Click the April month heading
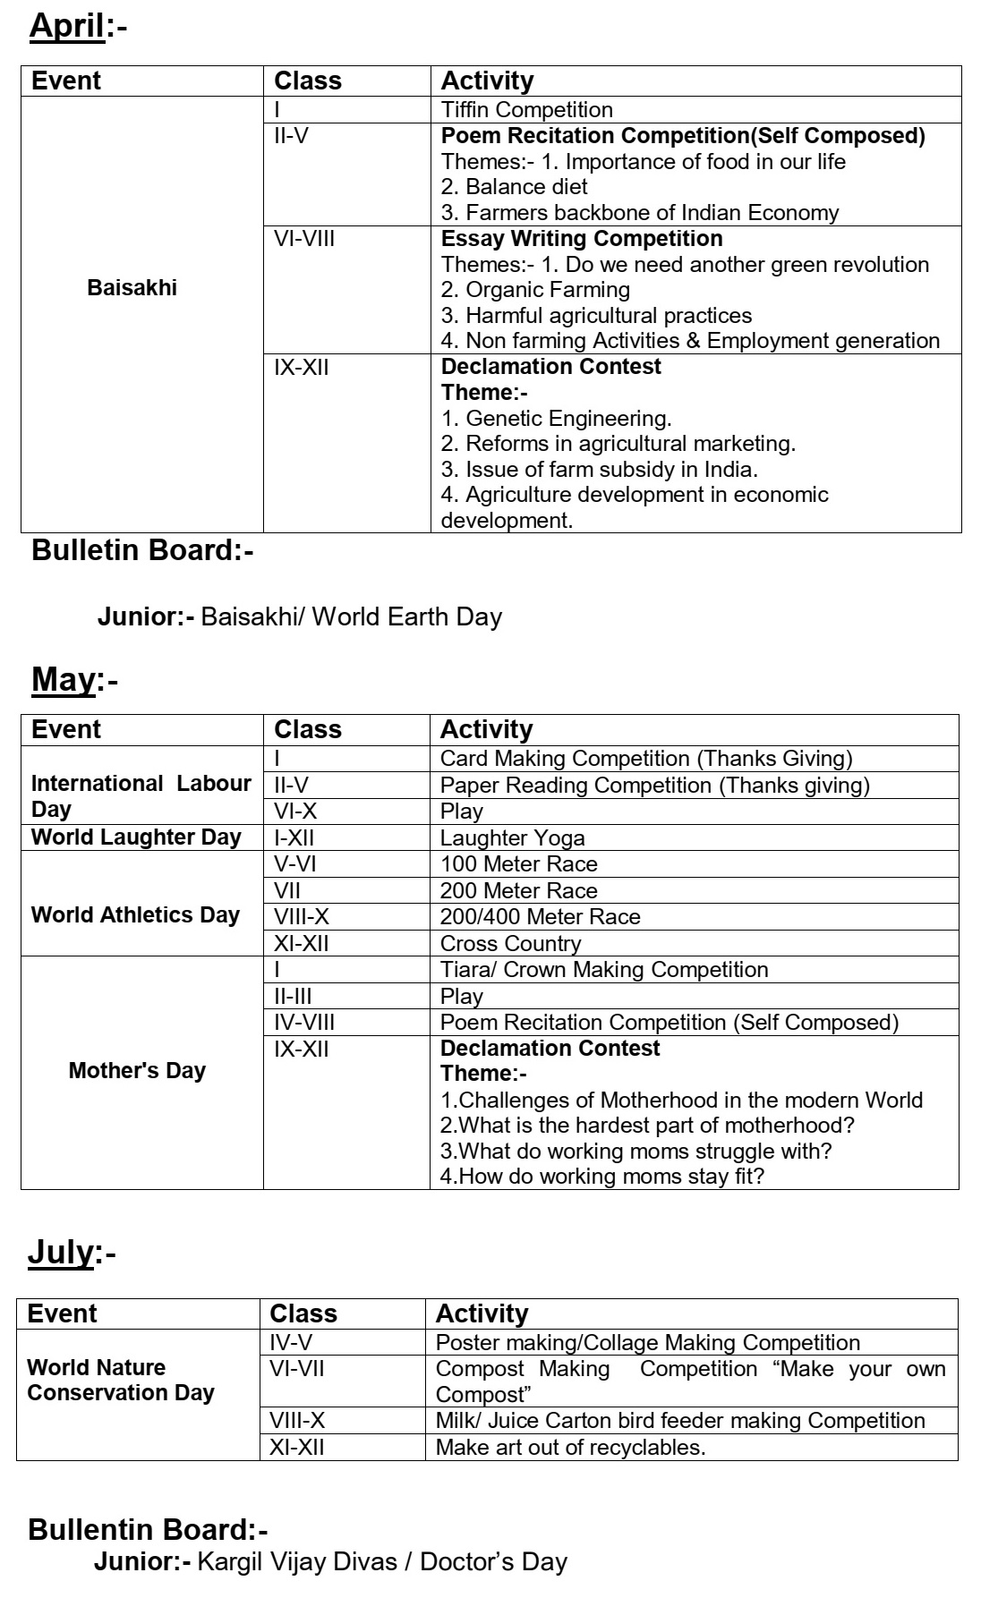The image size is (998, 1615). coord(68,27)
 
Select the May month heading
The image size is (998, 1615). coord(64,680)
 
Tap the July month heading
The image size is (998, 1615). coord(61,1252)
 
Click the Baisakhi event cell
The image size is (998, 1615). coord(132,288)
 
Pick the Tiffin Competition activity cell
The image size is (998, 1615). coord(527,110)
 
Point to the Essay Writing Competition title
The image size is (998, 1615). coord(582,239)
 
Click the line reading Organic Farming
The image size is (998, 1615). coord(536,290)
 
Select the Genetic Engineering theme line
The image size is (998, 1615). coord(556,418)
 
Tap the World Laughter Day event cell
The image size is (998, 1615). coord(136,837)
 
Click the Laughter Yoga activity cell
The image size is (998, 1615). coord(512,838)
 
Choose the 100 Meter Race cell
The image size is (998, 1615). coord(518,864)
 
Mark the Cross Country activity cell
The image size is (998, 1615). coord(510,944)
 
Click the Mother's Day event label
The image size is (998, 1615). coord(137,1071)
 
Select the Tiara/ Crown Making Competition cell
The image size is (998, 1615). coord(604,970)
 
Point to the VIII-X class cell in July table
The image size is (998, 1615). coord(297,1421)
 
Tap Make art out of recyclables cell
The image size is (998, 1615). coord(570,1448)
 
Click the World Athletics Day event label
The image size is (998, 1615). coord(135,915)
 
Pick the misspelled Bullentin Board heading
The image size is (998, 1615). coord(148,1530)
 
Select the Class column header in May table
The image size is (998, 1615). coord(308,729)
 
